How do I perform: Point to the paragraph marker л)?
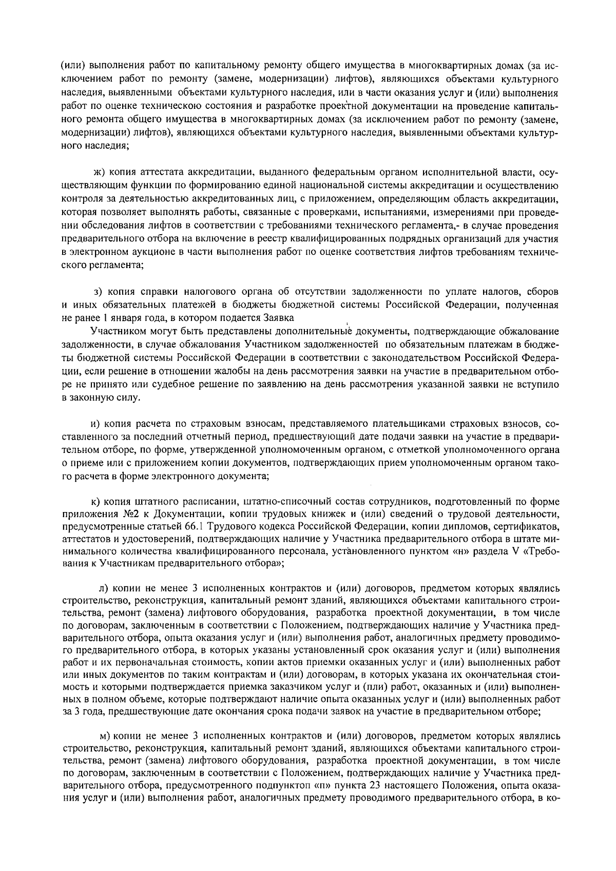(x=103, y=587)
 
